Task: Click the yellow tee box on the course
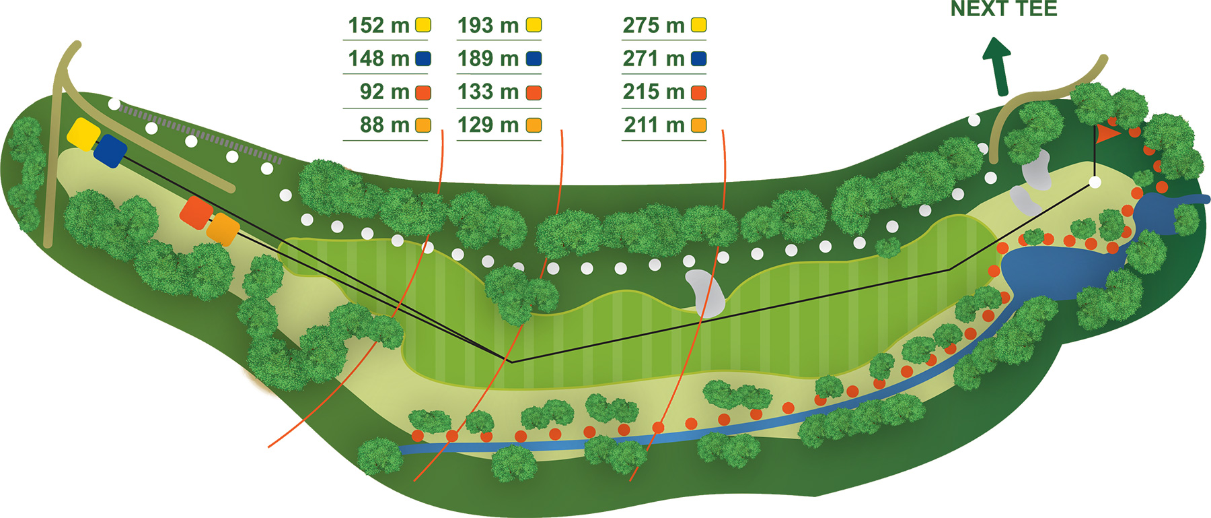pos(83,134)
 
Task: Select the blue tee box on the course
pos(111,151)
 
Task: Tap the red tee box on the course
pos(196,213)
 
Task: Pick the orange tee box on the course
pos(223,230)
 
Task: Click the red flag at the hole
pos(1107,133)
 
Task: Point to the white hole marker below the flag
pos(1095,183)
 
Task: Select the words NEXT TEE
pos(1004,9)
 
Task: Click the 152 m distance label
pos(379,26)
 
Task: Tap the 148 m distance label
pos(379,59)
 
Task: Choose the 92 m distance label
pos(385,92)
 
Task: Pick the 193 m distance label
pos(488,26)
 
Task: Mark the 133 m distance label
pos(488,92)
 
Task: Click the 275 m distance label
pos(653,26)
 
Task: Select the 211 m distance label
pos(654,125)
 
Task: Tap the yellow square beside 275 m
pos(699,26)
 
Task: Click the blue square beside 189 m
pos(534,59)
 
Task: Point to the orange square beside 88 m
pos(423,125)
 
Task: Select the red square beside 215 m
pos(699,92)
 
